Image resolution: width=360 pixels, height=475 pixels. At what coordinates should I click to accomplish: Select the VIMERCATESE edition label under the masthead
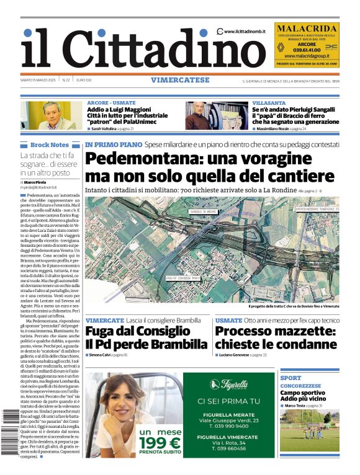pyautogui.click(x=180, y=80)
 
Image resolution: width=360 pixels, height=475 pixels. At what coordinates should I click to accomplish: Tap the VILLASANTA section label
pyautogui.click(x=269, y=102)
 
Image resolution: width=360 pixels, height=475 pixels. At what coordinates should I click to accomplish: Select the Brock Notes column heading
pyautogui.click(x=49, y=145)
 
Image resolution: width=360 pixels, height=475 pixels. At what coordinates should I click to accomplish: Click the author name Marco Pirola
pyautogui.click(x=40, y=182)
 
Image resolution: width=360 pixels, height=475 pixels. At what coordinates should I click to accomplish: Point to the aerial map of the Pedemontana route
pyautogui.click(x=212, y=249)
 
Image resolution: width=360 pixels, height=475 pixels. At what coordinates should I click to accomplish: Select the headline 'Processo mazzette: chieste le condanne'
pyautogui.click(x=275, y=337)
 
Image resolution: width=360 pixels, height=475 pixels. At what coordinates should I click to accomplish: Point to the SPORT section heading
pyautogui.click(x=290, y=378)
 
